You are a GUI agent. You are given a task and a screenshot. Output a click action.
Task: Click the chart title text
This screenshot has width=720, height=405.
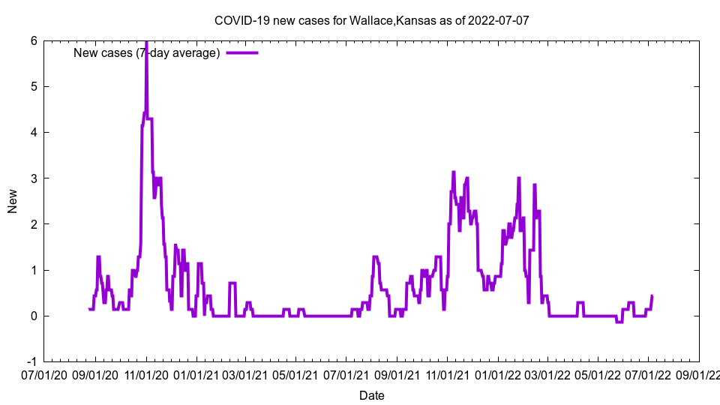click(x=372, y=20)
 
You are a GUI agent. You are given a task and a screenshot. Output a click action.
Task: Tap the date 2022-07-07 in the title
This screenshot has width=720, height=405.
click(x=498, y=20)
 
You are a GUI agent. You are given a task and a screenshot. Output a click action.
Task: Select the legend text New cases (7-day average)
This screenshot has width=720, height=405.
click(x=146, y=52)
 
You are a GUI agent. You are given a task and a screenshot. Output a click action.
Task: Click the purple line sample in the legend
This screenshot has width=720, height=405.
click(x=242, y=52)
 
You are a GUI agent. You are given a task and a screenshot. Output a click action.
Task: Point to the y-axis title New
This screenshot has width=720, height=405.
click(x=13, y=201)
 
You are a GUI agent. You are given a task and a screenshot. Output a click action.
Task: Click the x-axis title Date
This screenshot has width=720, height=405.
click(x=372, y=395)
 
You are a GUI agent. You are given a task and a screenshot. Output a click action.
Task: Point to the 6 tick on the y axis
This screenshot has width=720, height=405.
click(x=34, y=40)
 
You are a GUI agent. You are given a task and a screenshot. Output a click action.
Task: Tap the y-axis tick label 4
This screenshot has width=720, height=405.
click(x=34, y=132)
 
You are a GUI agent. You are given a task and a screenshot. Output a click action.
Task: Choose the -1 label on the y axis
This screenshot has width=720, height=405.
click(x=31, y=361)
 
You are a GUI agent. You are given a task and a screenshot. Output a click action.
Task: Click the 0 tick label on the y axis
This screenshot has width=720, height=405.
click(x=34, y=316)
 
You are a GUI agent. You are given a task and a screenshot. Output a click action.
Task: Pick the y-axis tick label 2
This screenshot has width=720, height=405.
click(x=34, y=223)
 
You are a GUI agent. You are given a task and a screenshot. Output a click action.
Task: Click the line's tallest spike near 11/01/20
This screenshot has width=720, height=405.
click(x=146, y=43)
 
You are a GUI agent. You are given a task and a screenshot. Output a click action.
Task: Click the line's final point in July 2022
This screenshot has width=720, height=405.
click(x=652, y=295)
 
